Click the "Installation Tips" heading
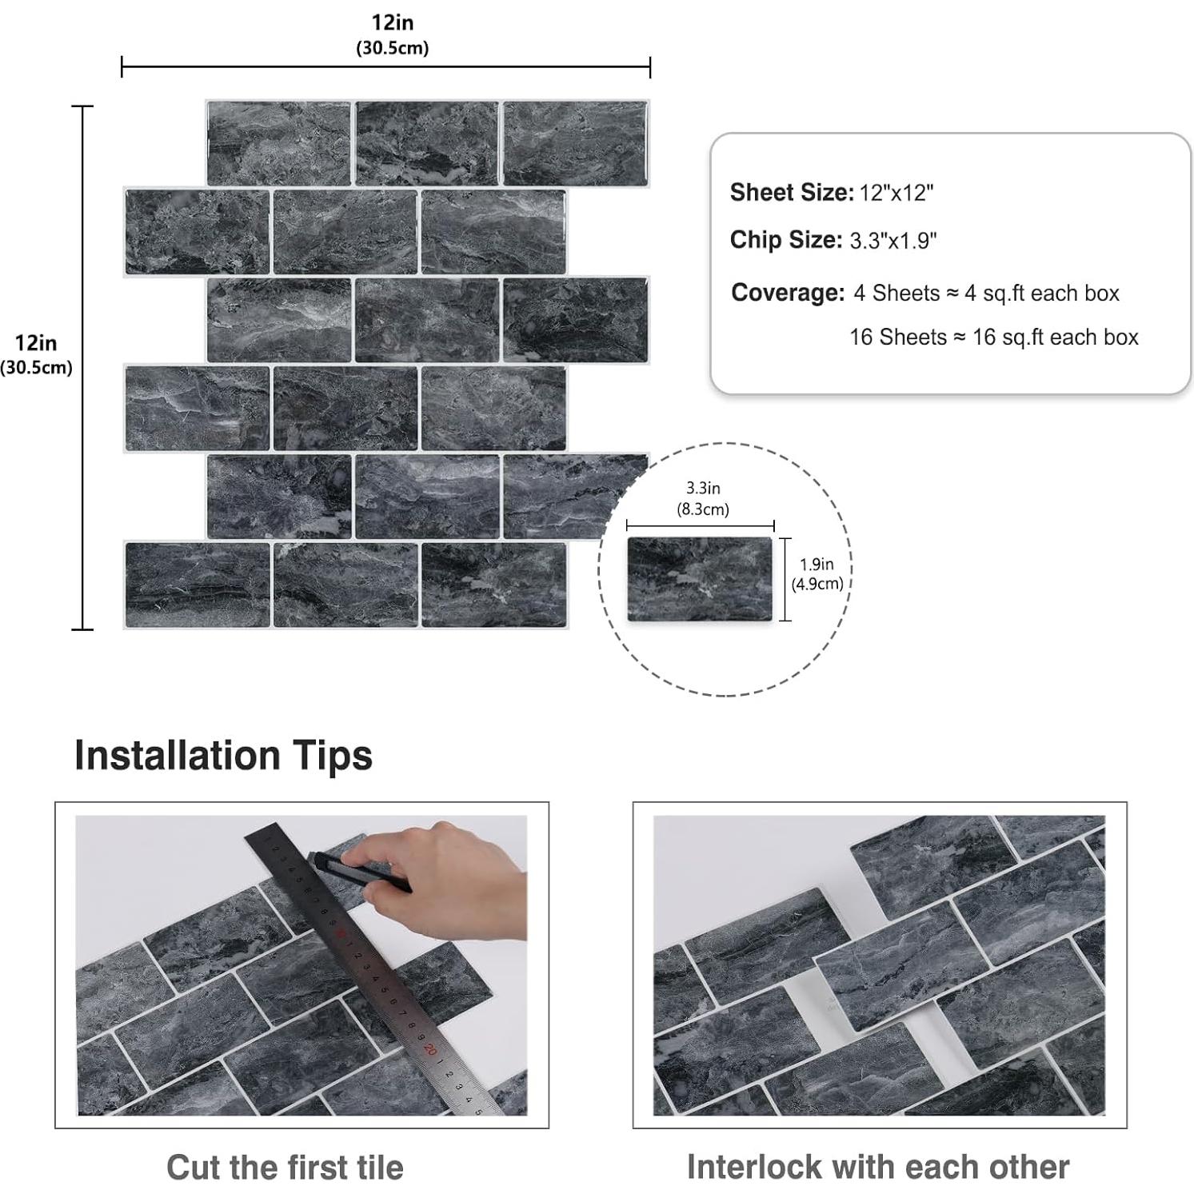click(x=223, y=756)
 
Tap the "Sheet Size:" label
click(x=791, y=193)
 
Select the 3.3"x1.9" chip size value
click(x=893, y=241)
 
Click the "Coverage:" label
click(x=787, y=293)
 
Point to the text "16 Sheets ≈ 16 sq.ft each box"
click(x=993, y=337)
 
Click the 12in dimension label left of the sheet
click(x=36, y=353)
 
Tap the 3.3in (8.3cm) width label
click(x=702, y=498)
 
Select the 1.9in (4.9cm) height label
click(x=817, y=573)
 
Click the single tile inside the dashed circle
click(x=699, y=579)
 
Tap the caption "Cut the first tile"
click(x=285, y=1167)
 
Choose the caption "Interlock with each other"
click(x=878, y=1167)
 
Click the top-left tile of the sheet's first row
click(x=278, y=143)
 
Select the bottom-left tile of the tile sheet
click(x=197, y=584)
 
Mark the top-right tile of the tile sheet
click(x=575, y=143)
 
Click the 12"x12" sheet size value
click(x=896, y=193)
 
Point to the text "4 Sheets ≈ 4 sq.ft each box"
click(x=986, y=294)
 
